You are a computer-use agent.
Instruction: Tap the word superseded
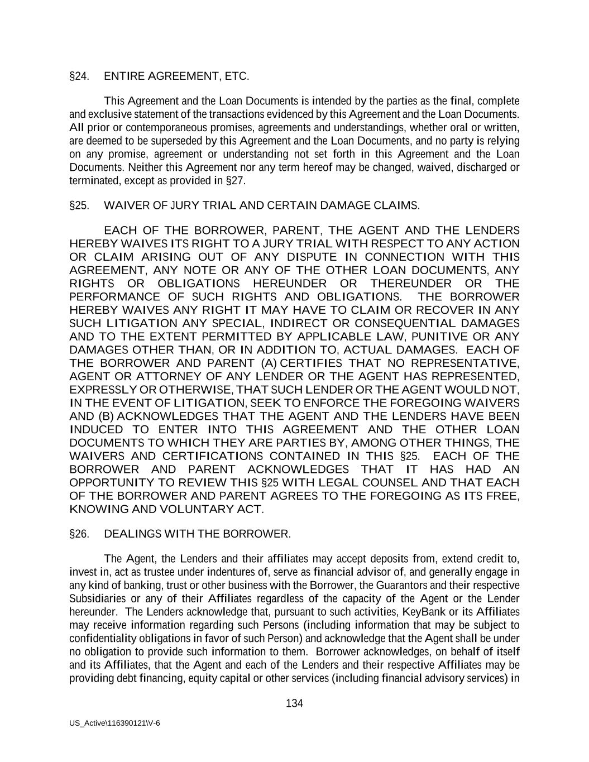(158, 141)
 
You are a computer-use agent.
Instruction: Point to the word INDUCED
(96, 429)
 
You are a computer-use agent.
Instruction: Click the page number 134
(294, 703)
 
